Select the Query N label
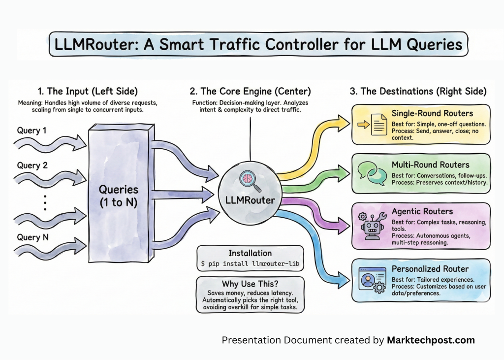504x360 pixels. tap(32, 237)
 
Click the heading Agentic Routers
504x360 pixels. tap(422, 211)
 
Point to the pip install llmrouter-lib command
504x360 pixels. tap(250, 265)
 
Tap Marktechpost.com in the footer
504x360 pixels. tap(431, 340)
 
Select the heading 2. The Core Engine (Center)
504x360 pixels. tap(250, 91)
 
